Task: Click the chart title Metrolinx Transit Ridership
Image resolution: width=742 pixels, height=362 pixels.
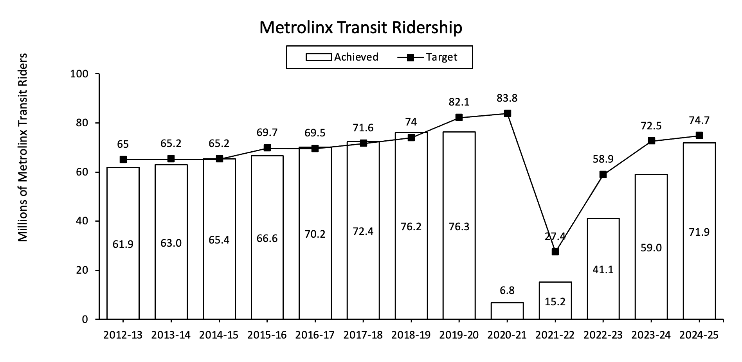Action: pyautogui.click(x=360, y=28)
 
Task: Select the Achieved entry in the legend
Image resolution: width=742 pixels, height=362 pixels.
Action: pyautogui.click(x=342, y=57)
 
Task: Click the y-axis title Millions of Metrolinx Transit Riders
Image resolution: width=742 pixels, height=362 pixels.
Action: pyautogui.click(x=23, y=148)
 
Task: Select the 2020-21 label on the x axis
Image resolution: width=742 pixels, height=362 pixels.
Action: pyautogui.click(x=507, y=335)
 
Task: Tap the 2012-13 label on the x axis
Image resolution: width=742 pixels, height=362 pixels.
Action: pyautogui.click(x=123, y=335)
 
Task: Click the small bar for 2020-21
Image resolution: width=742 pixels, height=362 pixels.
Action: pyautogui.click(x=507, y=311)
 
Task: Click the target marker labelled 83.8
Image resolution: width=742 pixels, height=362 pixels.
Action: pyautogui.click(x=507, y=113)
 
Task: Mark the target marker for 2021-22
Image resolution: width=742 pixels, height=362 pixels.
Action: pyautogui.click(x=555, y=252)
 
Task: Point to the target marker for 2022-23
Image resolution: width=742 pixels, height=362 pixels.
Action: pyautogui.click(x=603, y=174)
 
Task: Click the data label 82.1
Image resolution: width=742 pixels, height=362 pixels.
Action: pyautogui.click(x=459, y=102)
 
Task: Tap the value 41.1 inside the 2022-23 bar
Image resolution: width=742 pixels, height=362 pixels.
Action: pyautogui.click(x=603, y=269)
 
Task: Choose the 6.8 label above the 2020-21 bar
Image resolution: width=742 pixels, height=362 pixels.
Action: pyautogui.click(x=507, y=290)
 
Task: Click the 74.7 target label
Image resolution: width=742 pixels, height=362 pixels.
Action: pyautogui.click(x=699, y=120)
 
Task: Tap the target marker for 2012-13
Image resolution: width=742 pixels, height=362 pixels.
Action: pyautogui.click(x=123, y=159)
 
